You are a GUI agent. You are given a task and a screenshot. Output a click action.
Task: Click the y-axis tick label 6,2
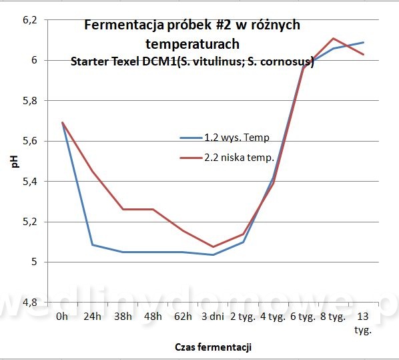pos(30,21)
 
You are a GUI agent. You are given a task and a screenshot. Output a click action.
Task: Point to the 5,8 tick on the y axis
pos(30,101)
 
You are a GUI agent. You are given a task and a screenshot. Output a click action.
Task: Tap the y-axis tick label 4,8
pos(30,303)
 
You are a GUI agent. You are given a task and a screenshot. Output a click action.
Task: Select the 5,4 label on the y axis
pos(30,182)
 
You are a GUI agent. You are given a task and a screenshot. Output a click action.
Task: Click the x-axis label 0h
pos(62,317)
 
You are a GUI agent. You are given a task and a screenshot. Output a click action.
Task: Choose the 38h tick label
pos(123,317)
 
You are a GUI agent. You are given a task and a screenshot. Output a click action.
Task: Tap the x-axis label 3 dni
pos(213,317)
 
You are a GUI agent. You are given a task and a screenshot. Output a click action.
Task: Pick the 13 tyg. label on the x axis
pos(363,323)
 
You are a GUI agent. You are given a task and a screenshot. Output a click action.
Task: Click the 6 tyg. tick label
pos(303,317)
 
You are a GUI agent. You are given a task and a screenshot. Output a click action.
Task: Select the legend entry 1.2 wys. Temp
pos(224,138)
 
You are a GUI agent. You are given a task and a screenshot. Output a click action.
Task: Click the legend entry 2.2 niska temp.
pos(227,158)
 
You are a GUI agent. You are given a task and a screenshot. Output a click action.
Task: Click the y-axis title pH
pos(15,161)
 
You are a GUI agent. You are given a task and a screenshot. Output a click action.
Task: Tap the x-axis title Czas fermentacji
pos(214,347)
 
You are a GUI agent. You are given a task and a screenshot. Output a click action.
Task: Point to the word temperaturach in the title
pos(193,44)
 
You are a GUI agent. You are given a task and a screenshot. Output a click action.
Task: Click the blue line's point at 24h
pos(92,245)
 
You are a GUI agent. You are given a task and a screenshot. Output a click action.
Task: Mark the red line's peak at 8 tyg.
pos(333,39)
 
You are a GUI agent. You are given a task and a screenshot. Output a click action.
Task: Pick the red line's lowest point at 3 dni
pos(213,246)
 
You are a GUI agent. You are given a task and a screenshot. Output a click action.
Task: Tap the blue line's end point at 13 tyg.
pos(364,43)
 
